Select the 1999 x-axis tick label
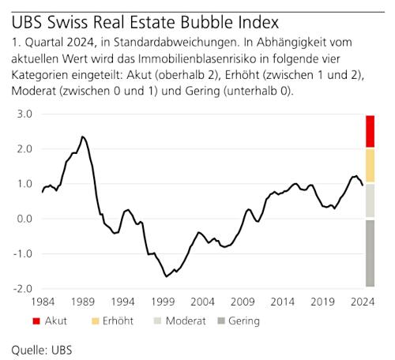click(x=162, y=302)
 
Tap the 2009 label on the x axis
click(x=243, y=302)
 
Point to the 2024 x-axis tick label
click(x=363, y=302)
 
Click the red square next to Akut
click(x=37, y=321)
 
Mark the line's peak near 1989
click(x=83, y=137)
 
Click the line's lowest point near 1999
click(x=166, y=276)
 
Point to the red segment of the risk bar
click(x=370, y=131)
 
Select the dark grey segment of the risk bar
click(x=370, y=253)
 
